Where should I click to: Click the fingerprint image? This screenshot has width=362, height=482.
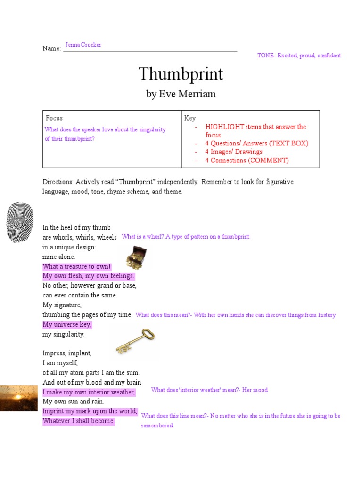tap(20, 222)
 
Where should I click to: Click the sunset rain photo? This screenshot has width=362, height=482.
tap(19, 398)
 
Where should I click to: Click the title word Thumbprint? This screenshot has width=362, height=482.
tap(181, 74)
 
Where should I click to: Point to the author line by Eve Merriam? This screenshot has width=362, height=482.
tap(181, 94)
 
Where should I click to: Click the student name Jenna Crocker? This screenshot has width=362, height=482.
tap(83, 45)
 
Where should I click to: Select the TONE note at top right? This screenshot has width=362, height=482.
tap(299, 56)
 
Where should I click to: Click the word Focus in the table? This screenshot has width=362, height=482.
tap(54, 118)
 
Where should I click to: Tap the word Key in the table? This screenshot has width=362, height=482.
tap(190, 118)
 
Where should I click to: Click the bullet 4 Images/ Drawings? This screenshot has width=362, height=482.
tap(234, 152)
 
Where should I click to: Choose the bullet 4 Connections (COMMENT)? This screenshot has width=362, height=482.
tap(247, 160)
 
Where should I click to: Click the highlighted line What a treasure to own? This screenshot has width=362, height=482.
tap(76, 266)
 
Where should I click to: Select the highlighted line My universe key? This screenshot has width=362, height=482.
tap(67, 325)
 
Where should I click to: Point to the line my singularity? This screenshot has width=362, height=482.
tap(64, 334)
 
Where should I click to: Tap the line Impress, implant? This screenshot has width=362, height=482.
tap(67, 353)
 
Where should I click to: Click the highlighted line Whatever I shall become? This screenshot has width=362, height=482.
tap(78, 421)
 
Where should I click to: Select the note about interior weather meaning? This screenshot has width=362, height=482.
tap(209, 390)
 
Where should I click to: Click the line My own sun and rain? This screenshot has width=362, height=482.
tap(73, 402)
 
